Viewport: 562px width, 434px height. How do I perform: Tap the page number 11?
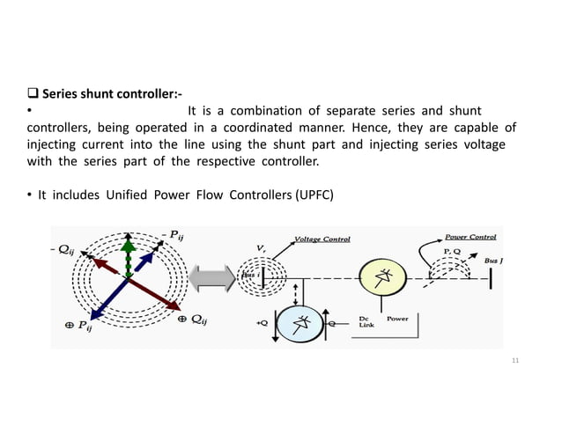pyautogui.click(x=516, y=361)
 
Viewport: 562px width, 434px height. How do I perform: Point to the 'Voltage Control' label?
pyautogui.click(x=322, y=239)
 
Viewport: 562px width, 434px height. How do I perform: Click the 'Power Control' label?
pyautogui.click(x=470, y=237)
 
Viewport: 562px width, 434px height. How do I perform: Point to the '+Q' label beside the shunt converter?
pyautogui.click(x=262, y=322)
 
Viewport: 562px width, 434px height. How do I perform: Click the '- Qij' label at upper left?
pyautogui.click(x=62, y=249)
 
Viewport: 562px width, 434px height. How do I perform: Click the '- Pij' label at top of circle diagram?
pyautogui.click(x=171, y=233)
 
